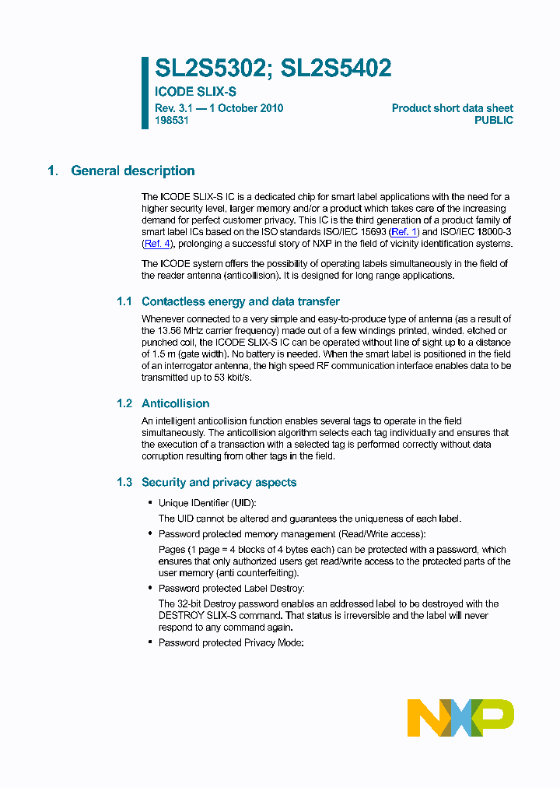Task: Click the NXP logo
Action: point(460,718)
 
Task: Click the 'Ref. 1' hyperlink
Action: point(404,232)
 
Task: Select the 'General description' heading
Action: point(133,171)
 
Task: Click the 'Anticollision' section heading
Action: point(175,403)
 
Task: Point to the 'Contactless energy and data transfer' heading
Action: point(240,301)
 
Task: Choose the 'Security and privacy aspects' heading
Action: point(219,483)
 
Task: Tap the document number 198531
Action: point(172,121)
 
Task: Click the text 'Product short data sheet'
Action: point(452,108)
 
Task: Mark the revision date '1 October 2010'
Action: point(245,108)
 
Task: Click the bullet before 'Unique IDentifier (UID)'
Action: point(150,503)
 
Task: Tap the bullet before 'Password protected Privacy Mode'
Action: point(150,642)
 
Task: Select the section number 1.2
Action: point(124,403)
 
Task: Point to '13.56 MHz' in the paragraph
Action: point(184,331)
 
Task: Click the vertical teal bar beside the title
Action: point(145,92)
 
